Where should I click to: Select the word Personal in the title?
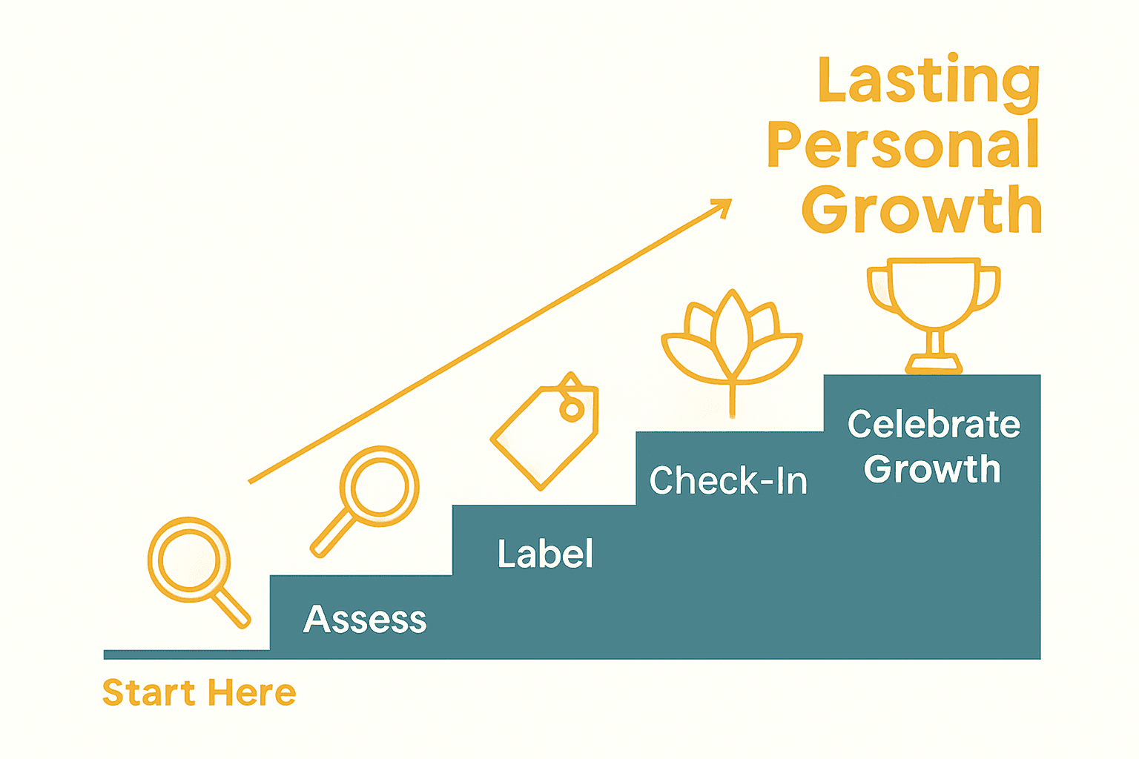click(903, 145)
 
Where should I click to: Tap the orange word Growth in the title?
click(922, 210)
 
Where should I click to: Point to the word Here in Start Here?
click(251, 693)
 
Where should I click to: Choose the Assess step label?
click(365, 619)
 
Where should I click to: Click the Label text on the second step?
click(545, 554)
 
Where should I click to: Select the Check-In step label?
click(728, 480)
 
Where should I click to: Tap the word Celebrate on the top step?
click(934, 425)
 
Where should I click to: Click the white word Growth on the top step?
click(932, 469)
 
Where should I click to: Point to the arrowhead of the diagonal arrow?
click(723, 207)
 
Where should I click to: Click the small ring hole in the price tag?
click(571, 409)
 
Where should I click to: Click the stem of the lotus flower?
click(732, 400)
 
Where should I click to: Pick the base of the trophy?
click(934, 364)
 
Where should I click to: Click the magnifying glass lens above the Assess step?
click(380, 486)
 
